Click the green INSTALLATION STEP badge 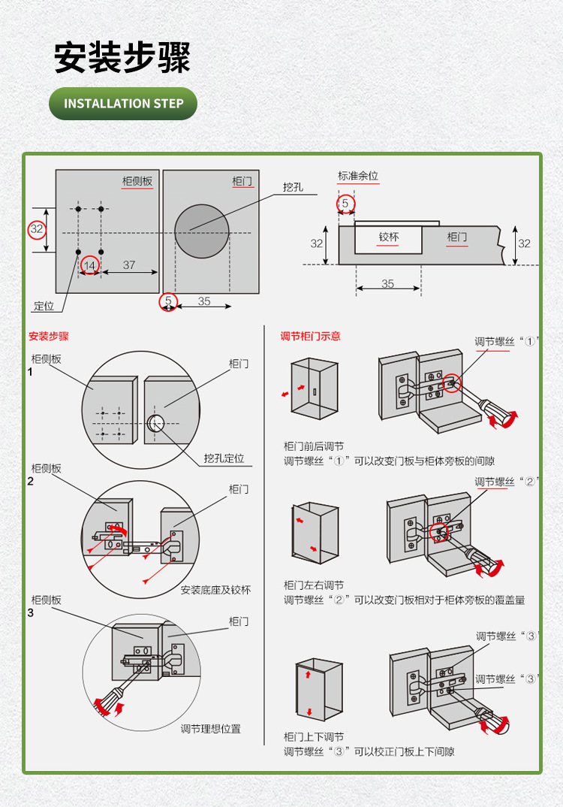[123, 104]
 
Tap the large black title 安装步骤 [122, 58]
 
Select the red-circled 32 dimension [37, 230]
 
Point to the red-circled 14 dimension [89, 265]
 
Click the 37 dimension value [129, 264]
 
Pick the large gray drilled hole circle [201, 231]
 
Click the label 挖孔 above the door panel [293, 187]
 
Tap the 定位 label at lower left [44, 306]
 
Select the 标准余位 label [358, 176]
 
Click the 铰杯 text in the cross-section [389, 237]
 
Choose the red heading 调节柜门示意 [310, 336]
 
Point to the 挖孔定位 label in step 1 [224, 458]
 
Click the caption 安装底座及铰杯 [215, 590]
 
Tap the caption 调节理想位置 [211, 729]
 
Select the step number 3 [30, 612]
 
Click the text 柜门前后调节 [314, 446]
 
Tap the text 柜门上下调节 [314, 737]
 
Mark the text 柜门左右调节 [314, 585]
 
